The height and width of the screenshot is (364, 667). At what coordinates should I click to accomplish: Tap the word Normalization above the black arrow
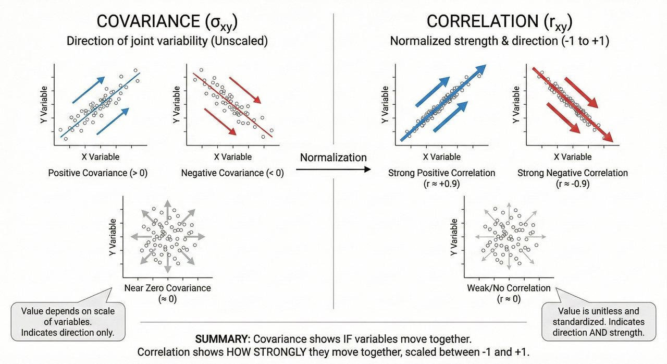pyautogui.click(x=333, y=157)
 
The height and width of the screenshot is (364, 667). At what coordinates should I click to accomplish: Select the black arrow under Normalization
pyautogui.click(x=333, y=169)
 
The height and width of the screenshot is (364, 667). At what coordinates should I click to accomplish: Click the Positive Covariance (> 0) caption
pyautogui.click(x=98, y=173)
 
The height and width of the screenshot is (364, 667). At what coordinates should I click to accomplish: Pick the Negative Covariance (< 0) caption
pyautogui.click(x=232, y=173)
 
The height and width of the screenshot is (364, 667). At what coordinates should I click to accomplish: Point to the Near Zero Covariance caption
pyautogui.click(x=167, y=288)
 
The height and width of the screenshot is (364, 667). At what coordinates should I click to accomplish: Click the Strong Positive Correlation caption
pyautogui.click(x=441, y=173)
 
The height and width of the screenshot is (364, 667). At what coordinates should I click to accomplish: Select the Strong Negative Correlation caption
pyautogui.click(x=573, y=173)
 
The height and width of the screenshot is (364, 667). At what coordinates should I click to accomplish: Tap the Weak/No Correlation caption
pyautogui.click(x=509, y=288)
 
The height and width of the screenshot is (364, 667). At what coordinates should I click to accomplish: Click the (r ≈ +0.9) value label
pyautogui.click(x=441, y=184)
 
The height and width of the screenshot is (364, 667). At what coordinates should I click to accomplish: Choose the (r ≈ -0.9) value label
pyautogui.click(x=573, y=184)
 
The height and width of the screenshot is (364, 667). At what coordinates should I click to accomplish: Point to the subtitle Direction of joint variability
pyautogui.click(x=167, y=41)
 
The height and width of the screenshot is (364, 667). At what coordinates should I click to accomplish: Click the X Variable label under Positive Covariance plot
pyautogui.click(x=100, y=156)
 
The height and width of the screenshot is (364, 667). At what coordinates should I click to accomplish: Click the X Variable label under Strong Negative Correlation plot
pyautogui.click(x=572, y=156)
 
